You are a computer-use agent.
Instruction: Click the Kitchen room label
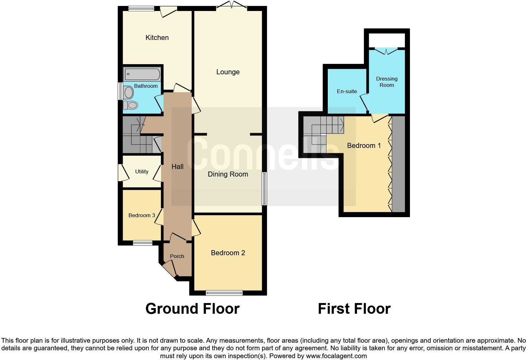[157, 38]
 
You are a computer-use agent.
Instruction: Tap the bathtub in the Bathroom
[142, 75]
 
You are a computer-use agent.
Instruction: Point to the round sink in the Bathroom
[128, 92]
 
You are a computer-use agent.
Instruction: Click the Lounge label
[228, 72]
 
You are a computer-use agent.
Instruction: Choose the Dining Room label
[228, 174]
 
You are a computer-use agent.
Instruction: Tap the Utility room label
[142, 172]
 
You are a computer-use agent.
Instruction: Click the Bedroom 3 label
[142, 216]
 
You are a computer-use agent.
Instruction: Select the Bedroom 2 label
[228, 253]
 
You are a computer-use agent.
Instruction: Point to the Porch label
[177, 256]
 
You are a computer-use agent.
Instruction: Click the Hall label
[177, 167]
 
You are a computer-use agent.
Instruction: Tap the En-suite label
[347, 92]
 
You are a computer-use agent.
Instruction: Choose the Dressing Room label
[387, 82]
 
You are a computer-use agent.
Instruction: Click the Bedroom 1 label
[364, 146]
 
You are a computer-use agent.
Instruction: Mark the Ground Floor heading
[192, 309]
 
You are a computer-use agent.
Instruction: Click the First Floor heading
[354, 309]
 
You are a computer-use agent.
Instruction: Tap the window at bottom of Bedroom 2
[224, 293]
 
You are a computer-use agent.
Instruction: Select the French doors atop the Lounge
[232, 5]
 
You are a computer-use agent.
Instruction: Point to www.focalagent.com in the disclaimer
[336, 356]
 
